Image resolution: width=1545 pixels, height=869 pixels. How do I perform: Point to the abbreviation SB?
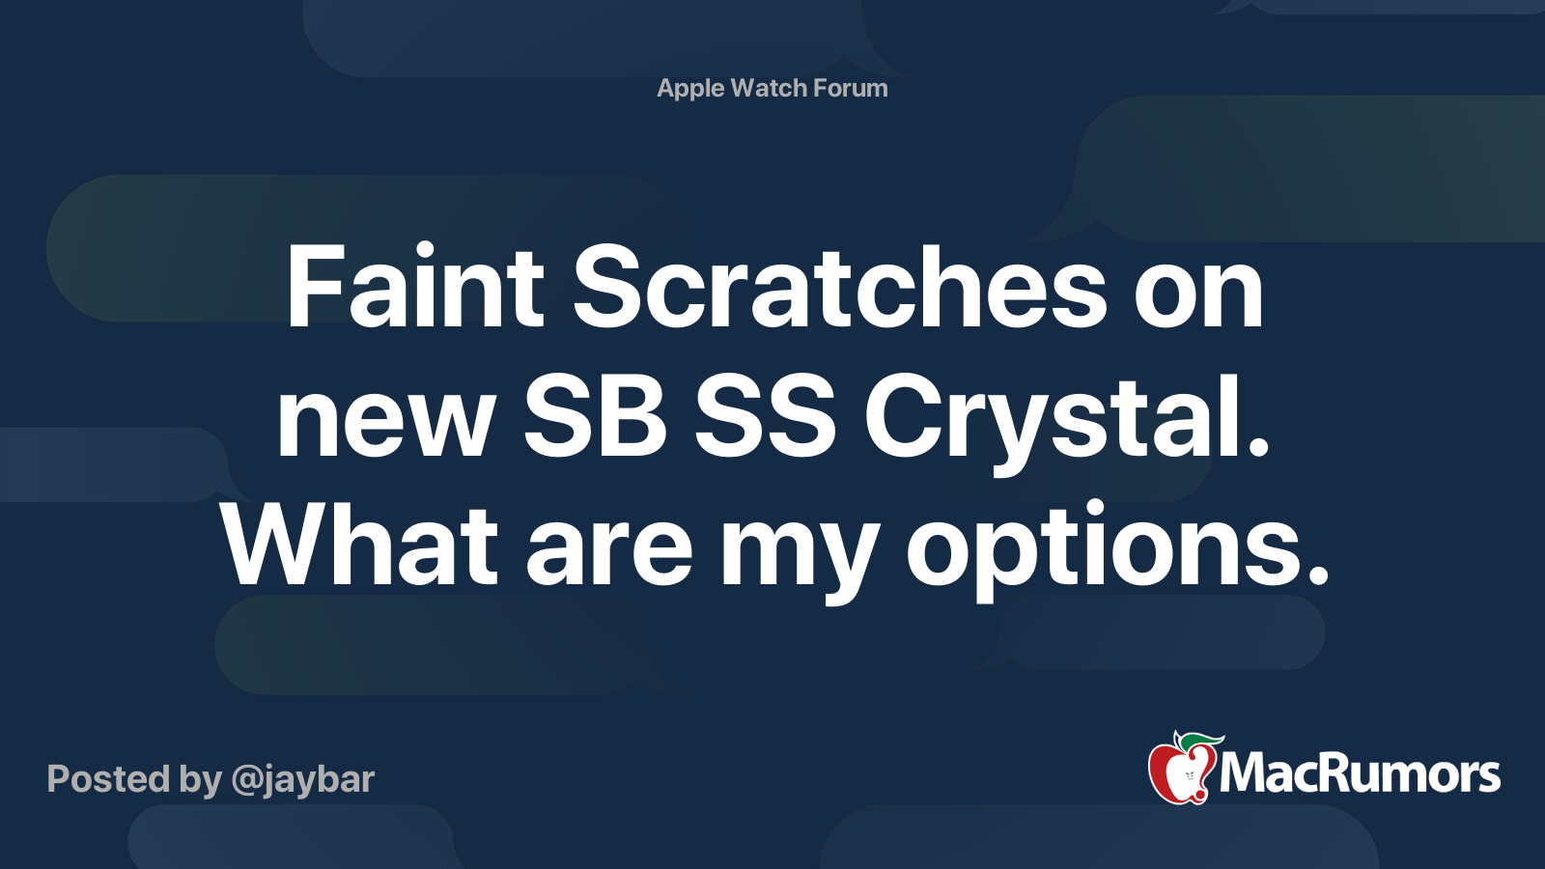595,416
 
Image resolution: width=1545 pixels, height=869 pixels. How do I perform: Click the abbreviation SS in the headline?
765,416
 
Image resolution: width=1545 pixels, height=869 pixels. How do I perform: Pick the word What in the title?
359,545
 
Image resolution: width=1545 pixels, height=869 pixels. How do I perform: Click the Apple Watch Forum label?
772,88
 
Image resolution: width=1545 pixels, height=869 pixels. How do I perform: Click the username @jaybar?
303,780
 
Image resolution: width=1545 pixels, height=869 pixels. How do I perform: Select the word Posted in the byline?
109,778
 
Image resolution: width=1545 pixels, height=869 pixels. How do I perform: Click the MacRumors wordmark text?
1360,773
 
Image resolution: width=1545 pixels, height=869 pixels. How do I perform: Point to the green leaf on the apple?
1200,743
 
